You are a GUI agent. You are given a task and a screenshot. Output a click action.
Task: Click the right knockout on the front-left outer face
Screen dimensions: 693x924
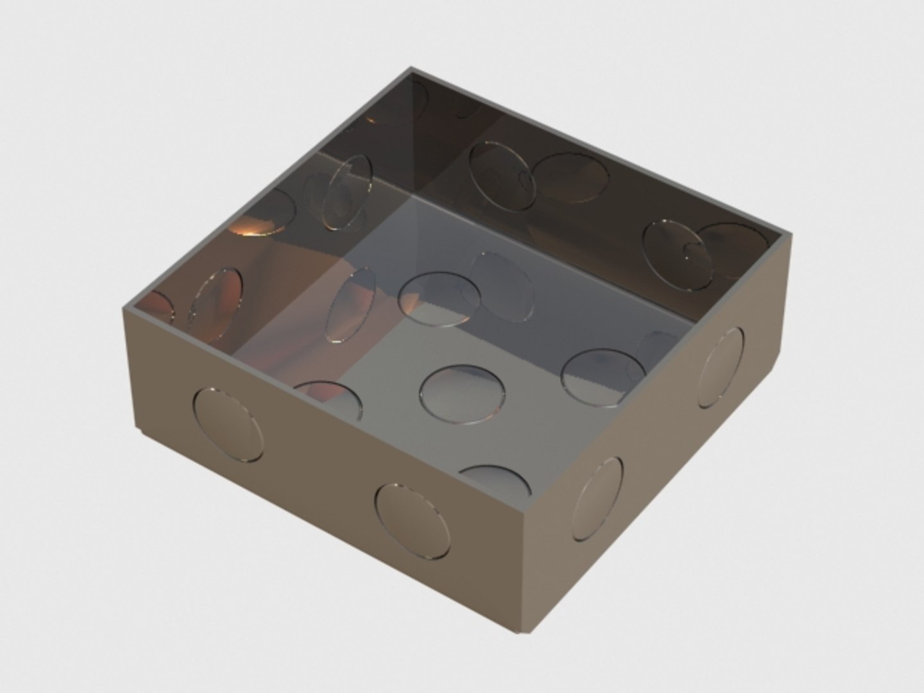tap(412, 519)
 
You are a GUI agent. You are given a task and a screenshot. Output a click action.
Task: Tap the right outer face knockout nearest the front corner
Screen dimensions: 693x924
tap(598, 499)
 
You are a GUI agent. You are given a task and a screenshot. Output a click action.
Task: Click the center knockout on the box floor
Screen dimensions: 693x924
tap(461, 394)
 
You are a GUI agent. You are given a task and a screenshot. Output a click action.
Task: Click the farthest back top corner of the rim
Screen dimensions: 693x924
tap(411, 68)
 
